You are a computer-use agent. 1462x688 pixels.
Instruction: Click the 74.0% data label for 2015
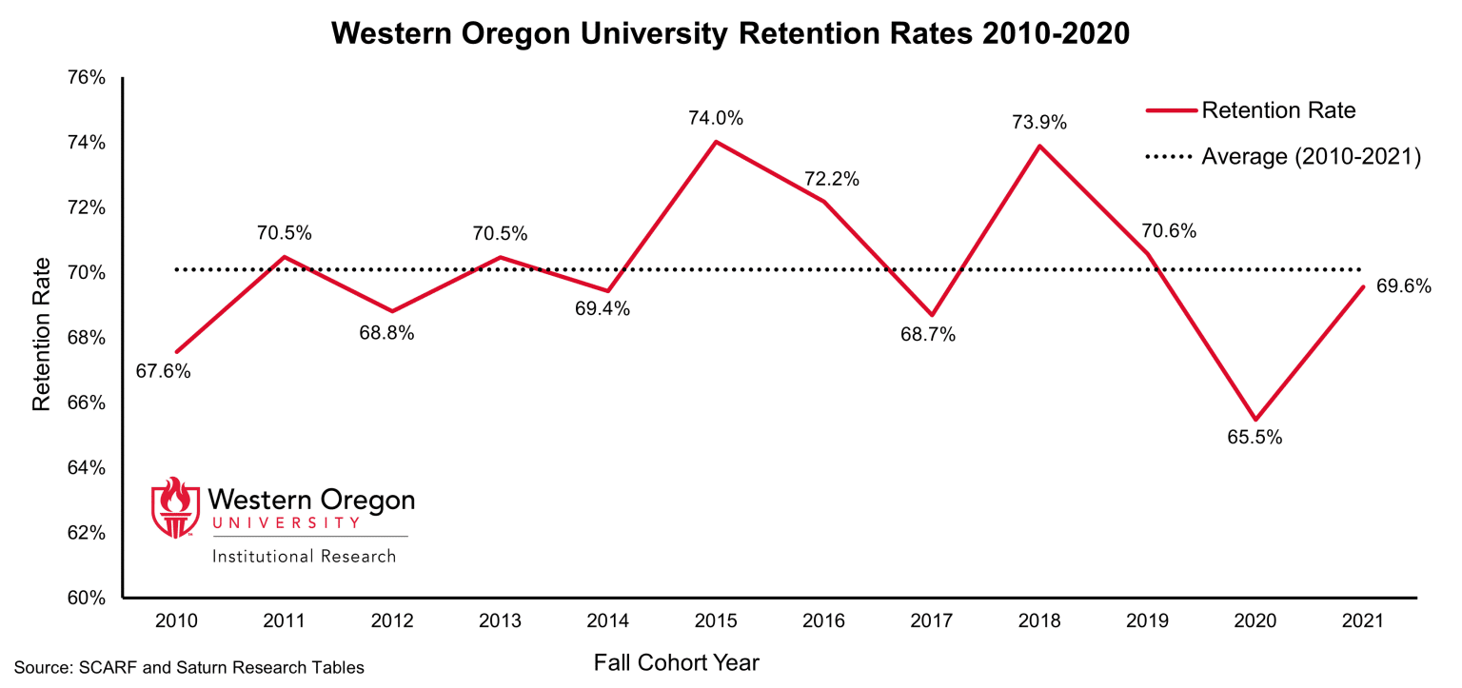point(716,119)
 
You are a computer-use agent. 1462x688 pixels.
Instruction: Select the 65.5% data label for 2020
point(1255,438)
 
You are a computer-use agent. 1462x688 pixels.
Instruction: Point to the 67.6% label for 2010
point(163,371)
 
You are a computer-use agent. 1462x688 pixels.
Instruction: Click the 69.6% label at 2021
point(1404,285)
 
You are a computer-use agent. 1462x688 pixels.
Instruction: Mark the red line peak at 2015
point(716,142)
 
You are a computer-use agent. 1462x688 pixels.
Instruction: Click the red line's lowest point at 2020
point(1255,420)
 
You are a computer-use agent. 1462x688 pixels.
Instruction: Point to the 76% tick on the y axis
point(87,77)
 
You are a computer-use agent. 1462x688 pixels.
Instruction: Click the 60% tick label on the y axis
point(87,599)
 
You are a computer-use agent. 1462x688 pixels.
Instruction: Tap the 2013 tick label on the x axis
point(500,621)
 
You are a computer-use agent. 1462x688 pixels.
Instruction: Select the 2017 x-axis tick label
point(932,621)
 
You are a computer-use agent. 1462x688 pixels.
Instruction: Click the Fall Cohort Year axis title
point(677,662)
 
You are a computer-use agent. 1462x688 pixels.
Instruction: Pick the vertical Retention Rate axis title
point(41,338)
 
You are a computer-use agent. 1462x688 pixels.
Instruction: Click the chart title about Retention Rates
point(730,34)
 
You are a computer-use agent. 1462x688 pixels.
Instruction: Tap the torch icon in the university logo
point(174,507)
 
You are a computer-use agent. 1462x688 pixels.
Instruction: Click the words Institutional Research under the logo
point(304,556)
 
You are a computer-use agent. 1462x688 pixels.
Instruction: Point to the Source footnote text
point(188,668)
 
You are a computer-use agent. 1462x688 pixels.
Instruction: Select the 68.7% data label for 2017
point(928,335)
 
